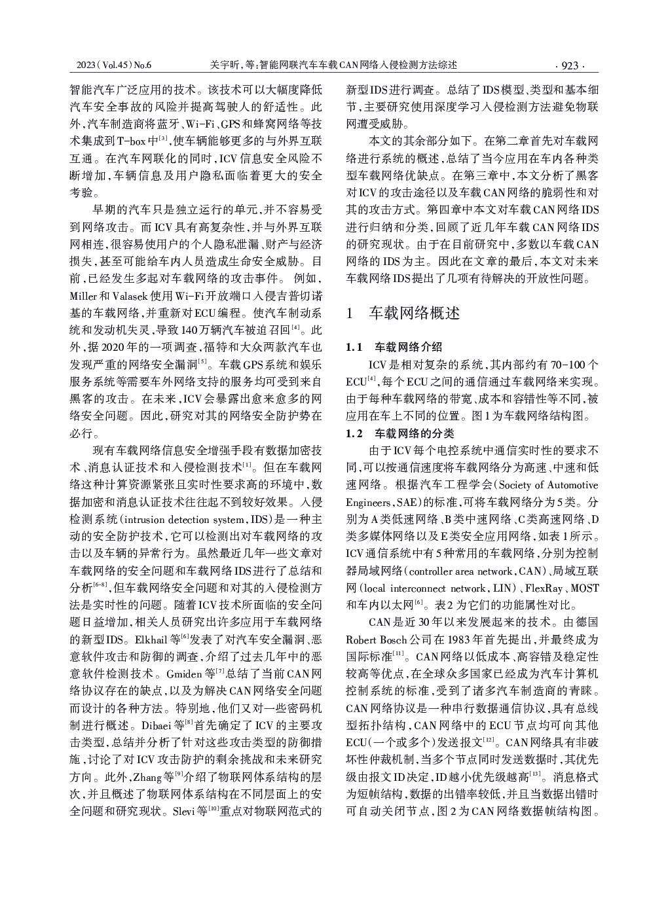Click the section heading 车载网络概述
click(415, 313)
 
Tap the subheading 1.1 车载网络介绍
click(394, 347)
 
